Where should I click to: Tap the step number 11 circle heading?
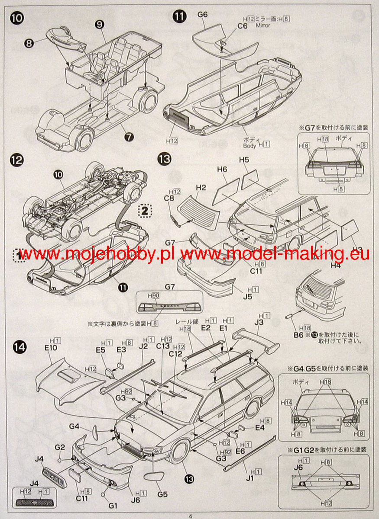point(179,17)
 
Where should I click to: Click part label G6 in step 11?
point(202,15)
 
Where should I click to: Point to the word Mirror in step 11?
point(263,26)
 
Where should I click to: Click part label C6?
point(242,26)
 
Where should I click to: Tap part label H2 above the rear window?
point(201,188)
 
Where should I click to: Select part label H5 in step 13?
point(244,160)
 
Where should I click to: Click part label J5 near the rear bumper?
point(248,297)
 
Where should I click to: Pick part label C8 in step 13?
point(170,199)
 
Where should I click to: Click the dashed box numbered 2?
point(145,211)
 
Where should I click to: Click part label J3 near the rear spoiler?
point(259,322)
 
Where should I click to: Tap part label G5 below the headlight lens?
point(162,494)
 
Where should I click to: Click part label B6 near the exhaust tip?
point(298,334)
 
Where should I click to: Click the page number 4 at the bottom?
point(190,515)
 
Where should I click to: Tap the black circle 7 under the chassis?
point(129,137)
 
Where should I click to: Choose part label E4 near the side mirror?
point(259,428)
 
